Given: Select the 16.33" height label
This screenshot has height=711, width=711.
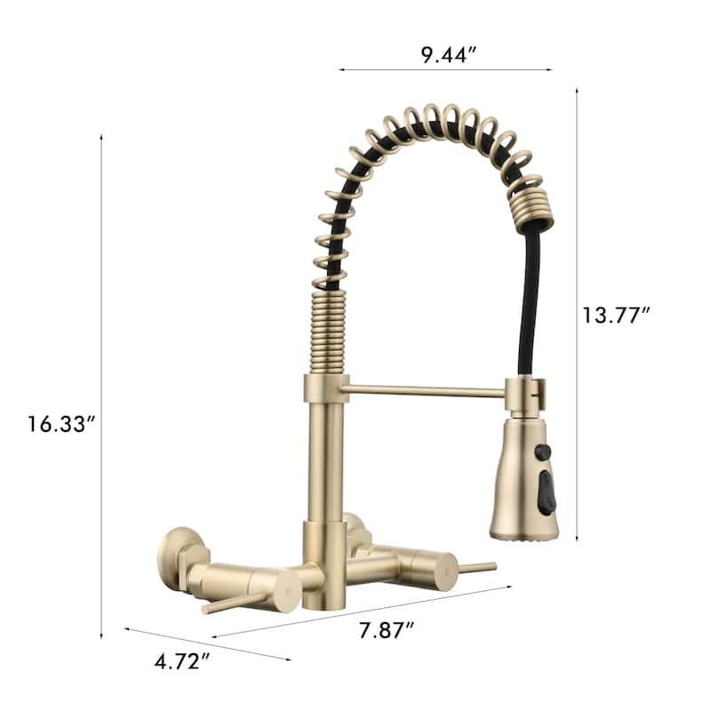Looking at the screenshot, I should click(x=60, y=424).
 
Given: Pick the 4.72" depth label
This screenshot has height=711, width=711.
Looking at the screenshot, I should click(x=182, y=661).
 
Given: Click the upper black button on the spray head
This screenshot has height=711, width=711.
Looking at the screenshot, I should click(x=542, y=452).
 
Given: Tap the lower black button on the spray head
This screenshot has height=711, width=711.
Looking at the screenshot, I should click(x=547, y=491).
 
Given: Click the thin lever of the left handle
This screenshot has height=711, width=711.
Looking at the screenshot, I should click(x=233, y=604).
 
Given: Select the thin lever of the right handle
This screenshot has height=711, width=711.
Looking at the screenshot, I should click(x=476, y=566).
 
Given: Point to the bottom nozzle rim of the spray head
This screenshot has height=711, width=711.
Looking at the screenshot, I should click(x=524, y=533).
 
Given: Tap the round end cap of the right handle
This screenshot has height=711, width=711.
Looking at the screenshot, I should click(x=442, y=565).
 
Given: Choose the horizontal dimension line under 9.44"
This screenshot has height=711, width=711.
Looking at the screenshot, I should click(x=444, y=69).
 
